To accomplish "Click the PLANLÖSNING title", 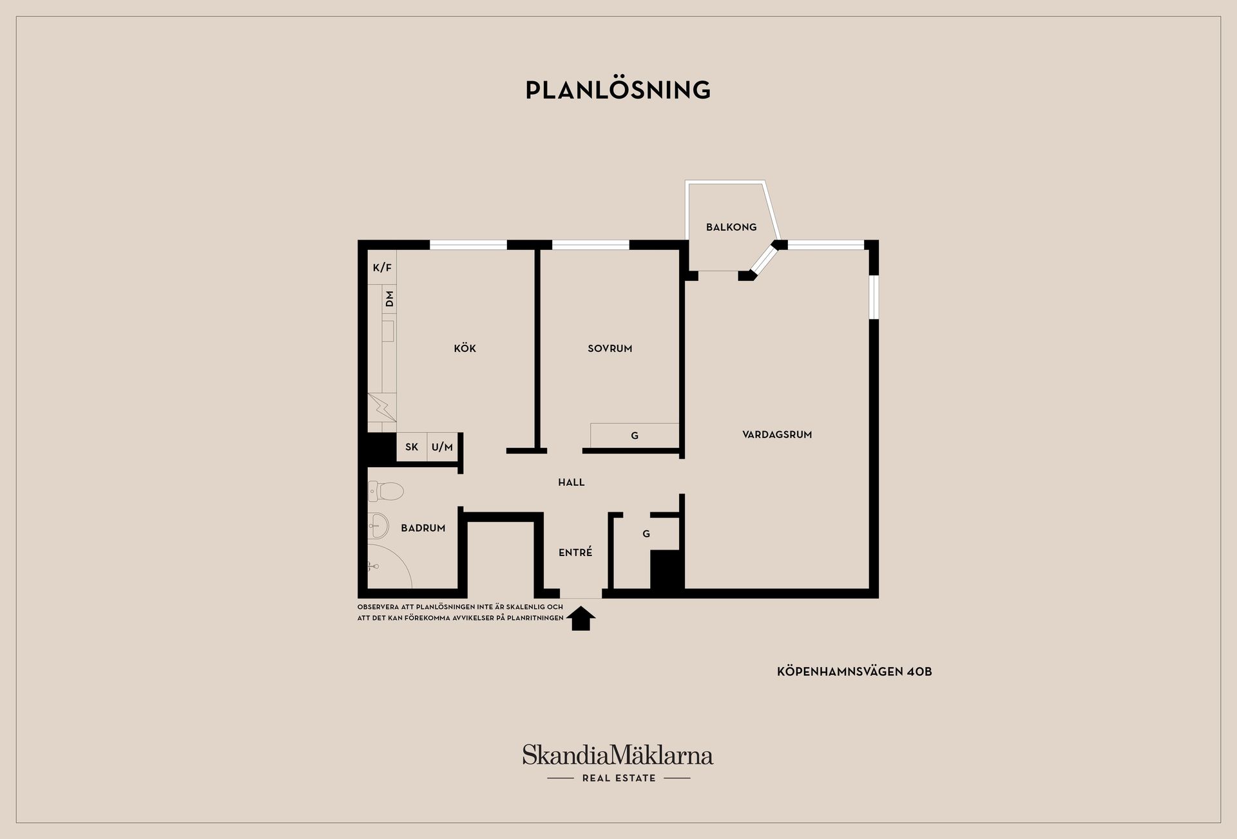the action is (618, 90).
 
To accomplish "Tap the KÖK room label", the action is (465, 348).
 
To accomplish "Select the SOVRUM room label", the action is (609, 349).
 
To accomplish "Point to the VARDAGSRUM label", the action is (777, 434).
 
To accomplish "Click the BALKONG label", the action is (731, 227).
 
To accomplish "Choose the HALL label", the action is (571, 482).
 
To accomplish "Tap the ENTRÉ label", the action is (575, 552).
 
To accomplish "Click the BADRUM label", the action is (423, 528).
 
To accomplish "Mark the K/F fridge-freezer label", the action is (382, 267).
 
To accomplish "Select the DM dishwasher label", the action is (389, 299).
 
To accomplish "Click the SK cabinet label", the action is (412, 447).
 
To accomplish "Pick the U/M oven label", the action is (442, 447).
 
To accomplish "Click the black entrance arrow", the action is (580, 619).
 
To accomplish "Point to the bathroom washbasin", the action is (378, 526).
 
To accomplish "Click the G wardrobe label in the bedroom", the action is (635, 436).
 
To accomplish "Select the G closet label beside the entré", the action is (646, 534).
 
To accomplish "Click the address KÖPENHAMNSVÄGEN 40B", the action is (854, 671).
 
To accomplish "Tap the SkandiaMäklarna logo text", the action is (618, 755).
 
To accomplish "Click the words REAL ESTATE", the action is (618, 778).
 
